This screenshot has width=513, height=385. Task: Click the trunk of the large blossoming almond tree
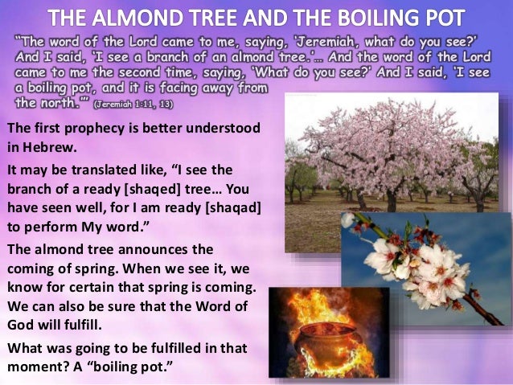392,196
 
